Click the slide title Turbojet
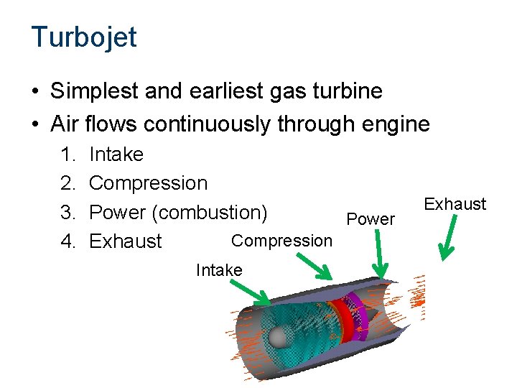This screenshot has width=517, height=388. point(83,37)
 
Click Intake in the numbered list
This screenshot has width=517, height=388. point(116,154)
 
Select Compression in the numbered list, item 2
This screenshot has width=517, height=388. point(148,183)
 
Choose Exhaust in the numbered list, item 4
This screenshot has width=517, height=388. point(126,241)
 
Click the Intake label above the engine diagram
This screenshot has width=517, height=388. point(219,270)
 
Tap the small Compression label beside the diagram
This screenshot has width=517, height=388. point(282,241)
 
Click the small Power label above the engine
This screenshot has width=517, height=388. point(371,219)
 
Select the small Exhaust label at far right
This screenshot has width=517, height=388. point(455,205)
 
